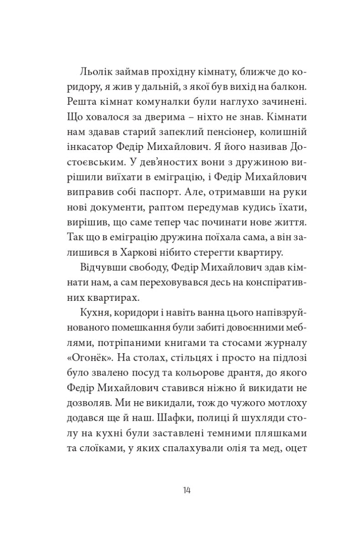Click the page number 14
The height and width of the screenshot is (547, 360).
[x=186, y=490]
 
